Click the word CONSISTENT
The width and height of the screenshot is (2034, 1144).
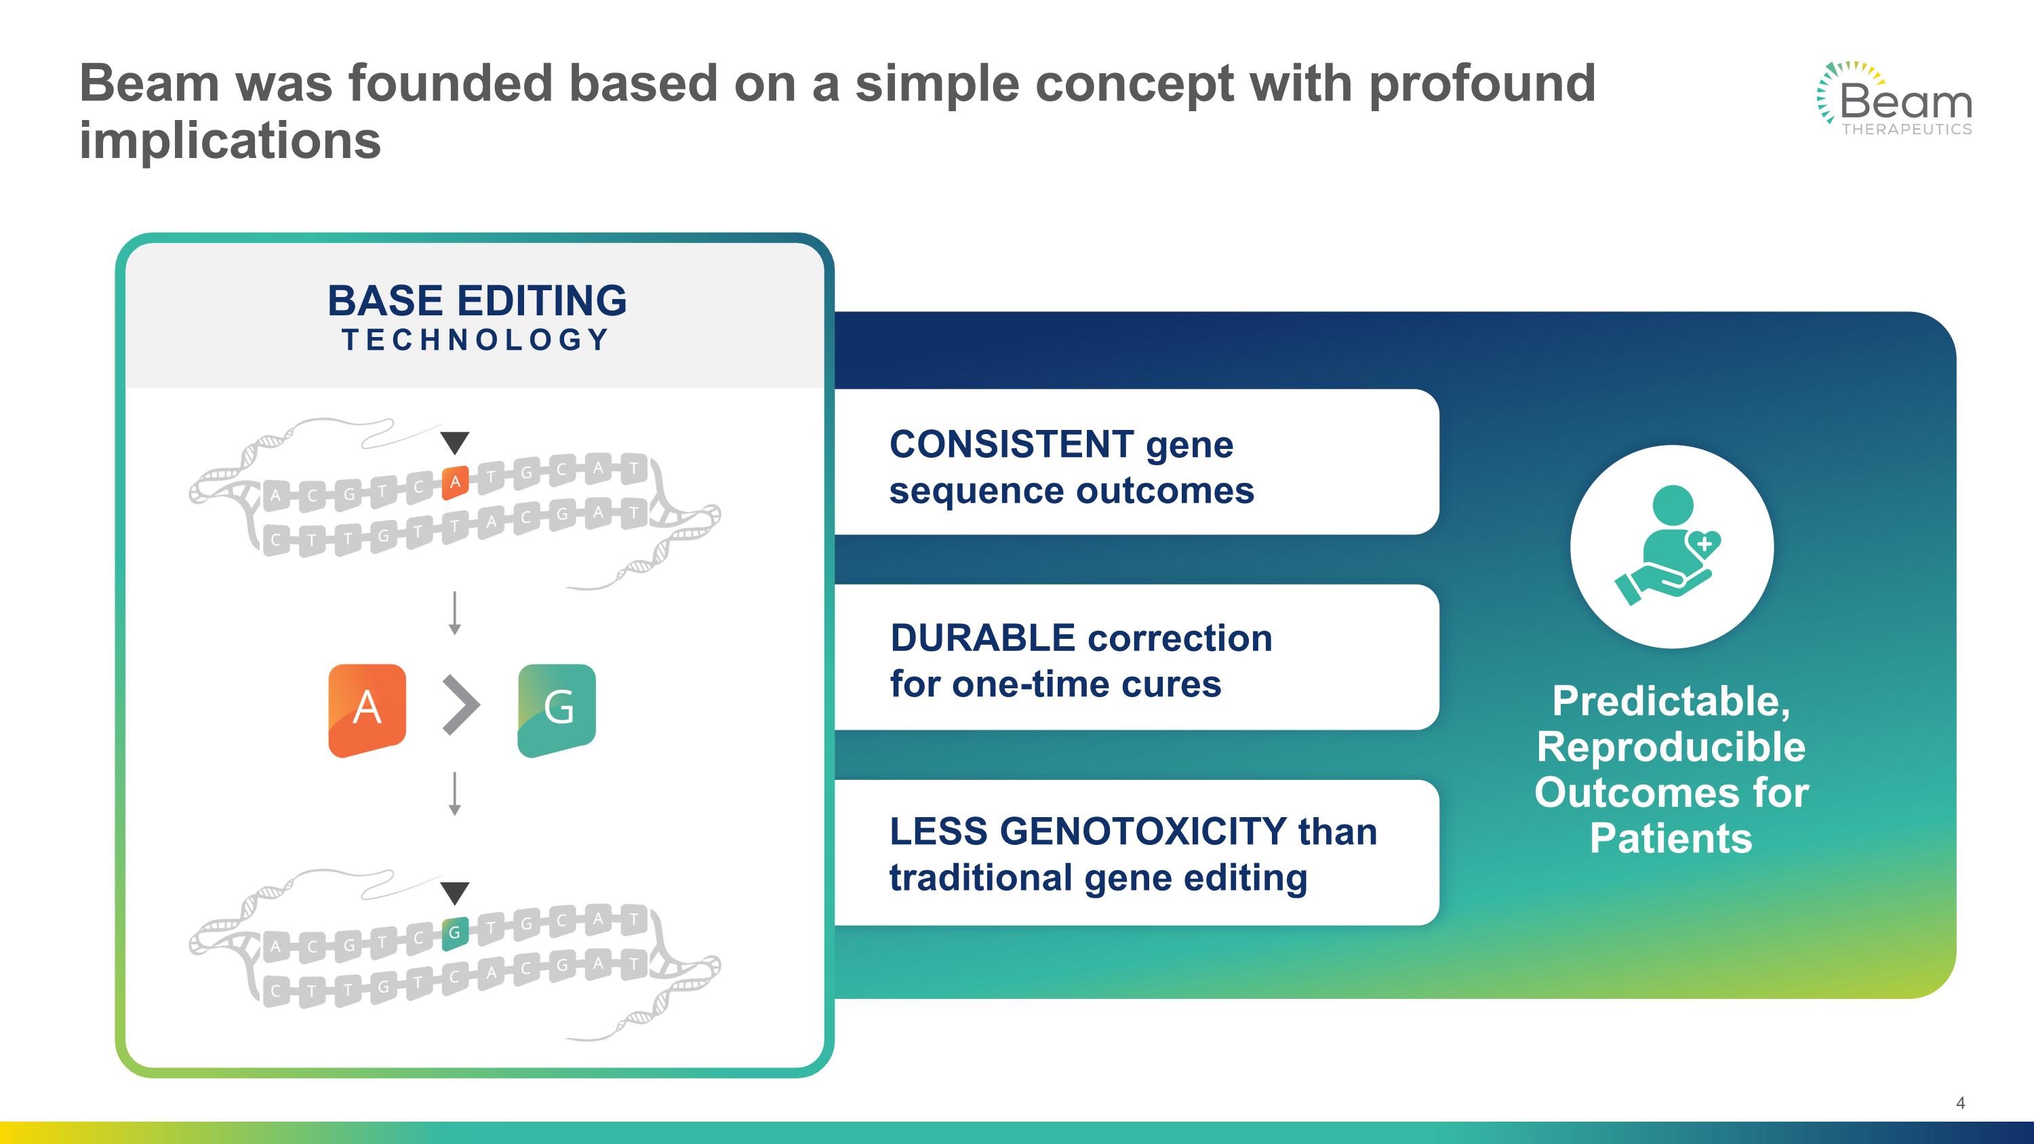click(x=1012, y=444)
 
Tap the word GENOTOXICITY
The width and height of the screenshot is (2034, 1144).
click(x=1143, y=831)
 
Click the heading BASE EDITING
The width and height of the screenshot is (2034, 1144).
click(x=477, y=301)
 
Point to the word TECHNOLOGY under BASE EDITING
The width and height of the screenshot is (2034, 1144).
click(x=475, y=340)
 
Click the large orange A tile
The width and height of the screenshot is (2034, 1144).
click(x=367, y=711)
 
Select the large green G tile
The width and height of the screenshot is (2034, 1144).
click(x=557, y=711)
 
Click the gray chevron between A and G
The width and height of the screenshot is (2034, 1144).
click(x=461, y=705)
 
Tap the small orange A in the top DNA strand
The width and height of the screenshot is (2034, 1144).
click(x=455, y=482)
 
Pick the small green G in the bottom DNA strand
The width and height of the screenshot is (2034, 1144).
click(x=455, y=933)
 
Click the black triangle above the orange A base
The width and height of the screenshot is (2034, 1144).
click(x=455, y=442)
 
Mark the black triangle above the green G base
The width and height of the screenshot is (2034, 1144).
click(x=455, y=893)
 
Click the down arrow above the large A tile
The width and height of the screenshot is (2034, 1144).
click(x=455, y=614)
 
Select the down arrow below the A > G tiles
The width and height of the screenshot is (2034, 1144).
click(x=455, y=793)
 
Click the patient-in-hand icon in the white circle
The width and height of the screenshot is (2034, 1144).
click(x=1669, y=545)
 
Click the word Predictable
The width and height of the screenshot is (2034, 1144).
click(x=1671, y=701)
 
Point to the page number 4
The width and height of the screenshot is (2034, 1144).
click(x=1961, y=1103)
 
